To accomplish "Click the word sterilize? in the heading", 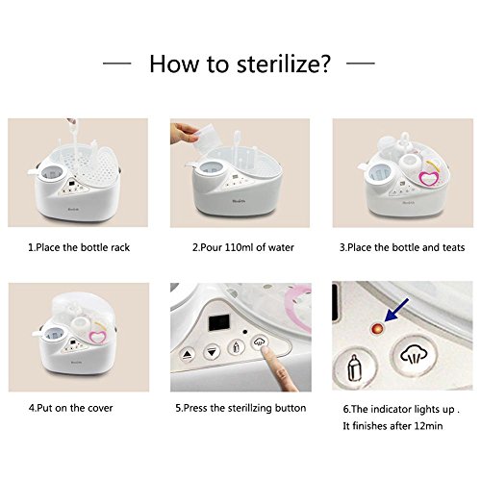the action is (283, 63).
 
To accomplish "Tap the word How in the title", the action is (174, 63).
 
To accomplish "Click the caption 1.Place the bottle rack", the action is (79, 247).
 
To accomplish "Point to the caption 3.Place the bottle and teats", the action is (402, 247).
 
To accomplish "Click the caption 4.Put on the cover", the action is (70, 408).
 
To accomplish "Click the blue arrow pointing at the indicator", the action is (396, 310).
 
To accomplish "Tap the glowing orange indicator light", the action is (377, 329).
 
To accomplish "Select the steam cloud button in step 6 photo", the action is (414, 356).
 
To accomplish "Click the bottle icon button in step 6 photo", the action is (354, 368).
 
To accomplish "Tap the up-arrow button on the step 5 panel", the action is (187, 354).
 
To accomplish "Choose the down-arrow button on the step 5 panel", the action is (212, 352).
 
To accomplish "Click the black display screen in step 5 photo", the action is (219, 322).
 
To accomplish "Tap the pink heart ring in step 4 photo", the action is (97, 337).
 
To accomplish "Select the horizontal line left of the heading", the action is (116, 63).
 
